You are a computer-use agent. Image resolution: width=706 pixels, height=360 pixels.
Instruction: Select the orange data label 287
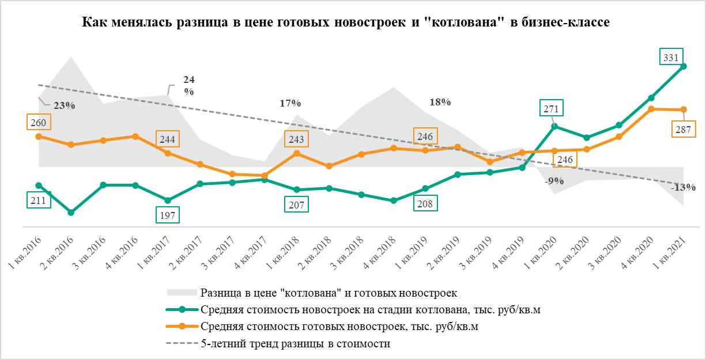point(682,130)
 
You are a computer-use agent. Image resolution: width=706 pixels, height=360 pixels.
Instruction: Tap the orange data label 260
point(38,122)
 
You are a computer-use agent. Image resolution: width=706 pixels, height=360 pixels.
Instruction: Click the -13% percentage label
point(684,187)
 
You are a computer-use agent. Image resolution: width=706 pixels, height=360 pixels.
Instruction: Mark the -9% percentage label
point(554,181)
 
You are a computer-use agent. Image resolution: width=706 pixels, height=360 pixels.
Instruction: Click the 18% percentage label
point(440,102)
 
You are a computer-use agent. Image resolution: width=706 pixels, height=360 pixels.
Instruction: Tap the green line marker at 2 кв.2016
point(71,213)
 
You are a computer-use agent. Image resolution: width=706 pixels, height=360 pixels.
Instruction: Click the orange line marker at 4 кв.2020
point(651,108)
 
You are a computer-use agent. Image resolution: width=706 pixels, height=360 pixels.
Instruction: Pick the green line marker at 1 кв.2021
point(684,66)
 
